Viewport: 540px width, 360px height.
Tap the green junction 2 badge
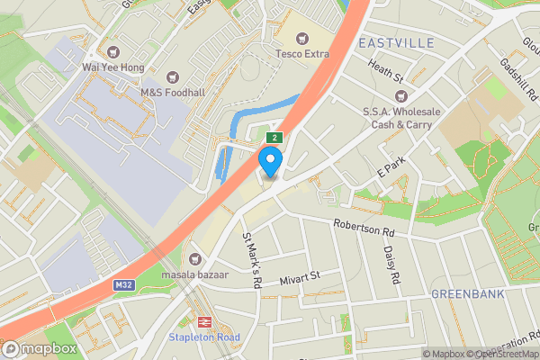tap(274, 138)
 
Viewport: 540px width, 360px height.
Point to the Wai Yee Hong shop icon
tap(112, 51)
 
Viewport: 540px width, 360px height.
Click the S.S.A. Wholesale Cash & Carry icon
tap(402, 95)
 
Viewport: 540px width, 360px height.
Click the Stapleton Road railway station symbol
tap(204, 321)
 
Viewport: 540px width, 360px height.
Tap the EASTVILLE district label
tap(396, 43)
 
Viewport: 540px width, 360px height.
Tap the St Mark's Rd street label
tap(251, 260)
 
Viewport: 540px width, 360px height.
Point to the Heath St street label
tap(384, 70)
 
